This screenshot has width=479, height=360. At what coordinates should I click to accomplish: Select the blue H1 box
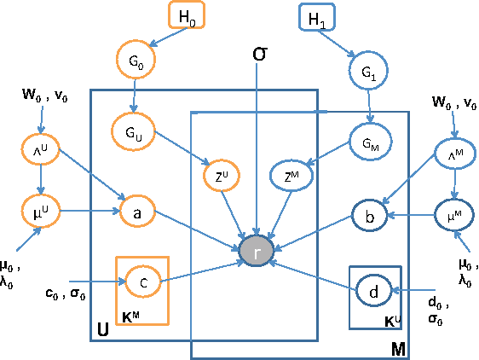pos(316,18)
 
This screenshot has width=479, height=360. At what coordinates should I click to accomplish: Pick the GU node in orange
pos(130,132)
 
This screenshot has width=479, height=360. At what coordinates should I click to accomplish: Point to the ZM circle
pos(287,177)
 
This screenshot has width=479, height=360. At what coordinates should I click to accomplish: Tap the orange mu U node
pos(38,208)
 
